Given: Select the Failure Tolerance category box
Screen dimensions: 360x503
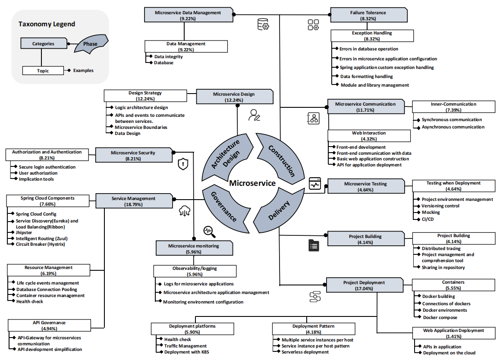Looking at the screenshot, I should click(368, 16).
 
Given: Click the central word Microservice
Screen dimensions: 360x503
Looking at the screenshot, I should click(252, 183).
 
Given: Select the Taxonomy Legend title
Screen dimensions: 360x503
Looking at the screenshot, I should click(47, 24).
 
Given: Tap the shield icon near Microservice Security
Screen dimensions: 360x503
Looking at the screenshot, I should click(183, 164).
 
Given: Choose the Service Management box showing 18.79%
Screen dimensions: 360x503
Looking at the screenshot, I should click(133, 201).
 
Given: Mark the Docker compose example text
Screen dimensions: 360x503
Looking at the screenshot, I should click(440, 318).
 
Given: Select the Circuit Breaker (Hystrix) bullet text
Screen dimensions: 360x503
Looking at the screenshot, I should click(41, 244).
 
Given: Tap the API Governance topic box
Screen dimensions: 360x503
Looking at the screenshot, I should click(49, 326).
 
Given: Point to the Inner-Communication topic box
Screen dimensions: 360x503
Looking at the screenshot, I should click(453, 107).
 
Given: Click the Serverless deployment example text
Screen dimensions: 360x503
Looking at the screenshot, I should click(305, 352).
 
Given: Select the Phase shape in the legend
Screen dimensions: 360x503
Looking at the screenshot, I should click(90, 44).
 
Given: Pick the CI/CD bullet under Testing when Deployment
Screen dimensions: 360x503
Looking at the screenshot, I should click(428, 219).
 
